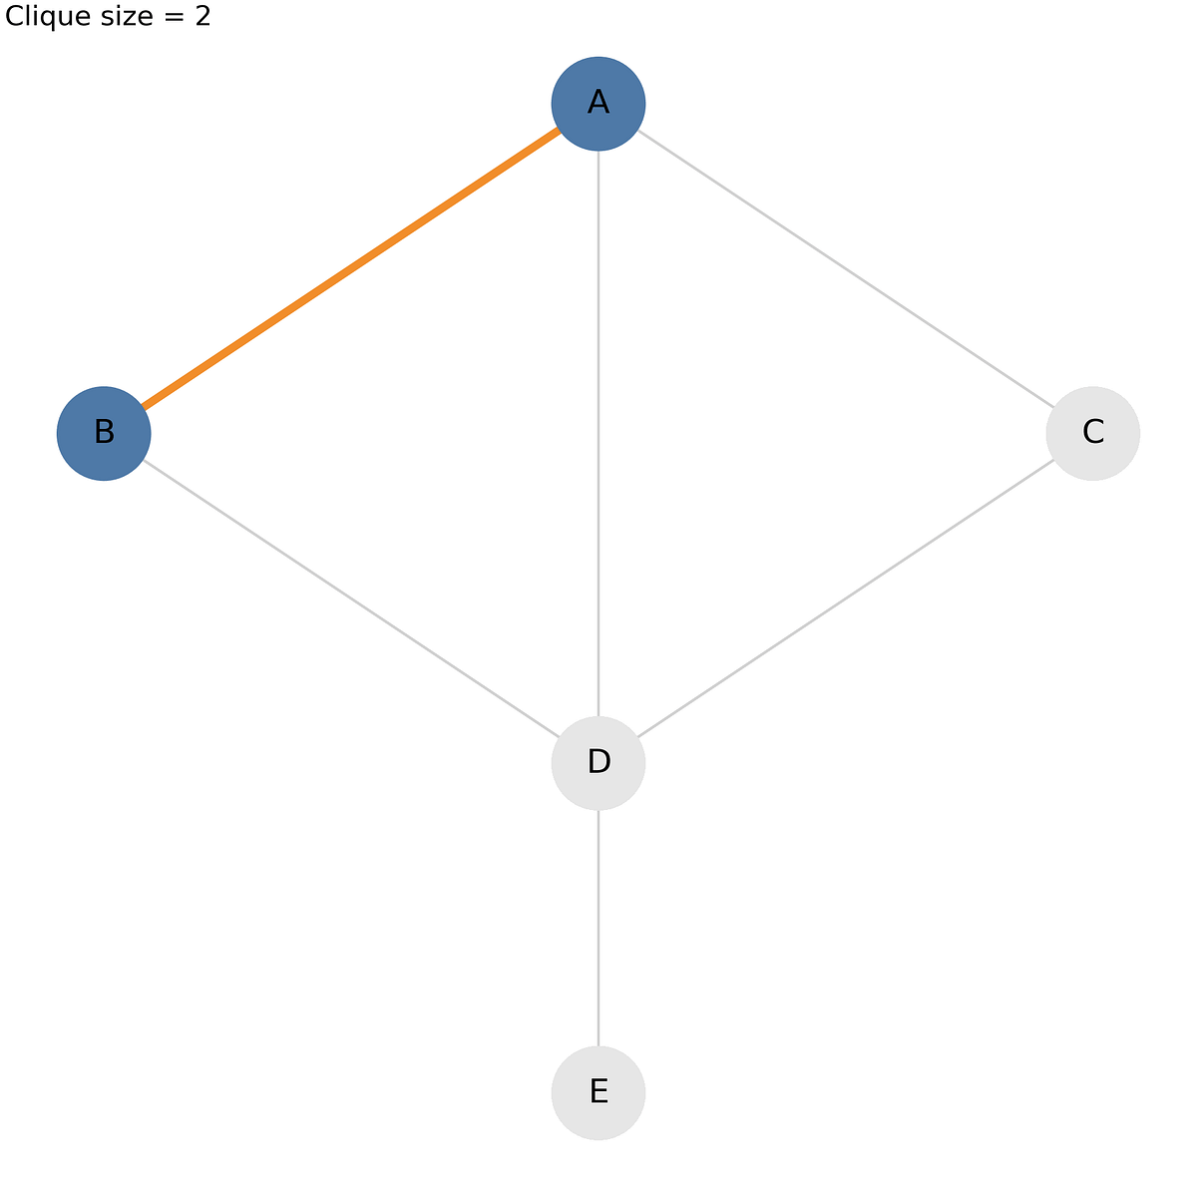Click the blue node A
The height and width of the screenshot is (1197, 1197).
(598, 104)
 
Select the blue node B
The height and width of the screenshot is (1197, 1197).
(104, 434)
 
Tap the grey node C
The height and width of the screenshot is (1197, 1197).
(1092, 434)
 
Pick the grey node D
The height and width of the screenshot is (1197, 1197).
(598, 763)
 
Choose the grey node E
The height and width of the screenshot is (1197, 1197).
(598, 1092)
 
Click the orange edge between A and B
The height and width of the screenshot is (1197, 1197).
(351, 268)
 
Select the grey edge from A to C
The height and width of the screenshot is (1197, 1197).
(846, 268)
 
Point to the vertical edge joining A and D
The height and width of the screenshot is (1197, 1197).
(598, 434)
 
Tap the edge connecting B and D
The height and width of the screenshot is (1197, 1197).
(351, 598)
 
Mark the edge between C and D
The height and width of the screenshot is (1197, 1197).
(846, 598)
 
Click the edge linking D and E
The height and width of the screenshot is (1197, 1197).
(598, 928)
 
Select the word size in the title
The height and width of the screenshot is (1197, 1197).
(127, 17)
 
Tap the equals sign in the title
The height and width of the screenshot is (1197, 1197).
(175, 17)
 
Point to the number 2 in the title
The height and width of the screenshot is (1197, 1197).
(203, 16)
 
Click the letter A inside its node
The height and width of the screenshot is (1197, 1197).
(598, 102)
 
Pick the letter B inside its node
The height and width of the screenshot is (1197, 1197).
(105, 432)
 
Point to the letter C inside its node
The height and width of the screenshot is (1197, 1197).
(1093, 432)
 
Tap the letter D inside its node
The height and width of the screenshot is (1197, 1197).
(598, 761)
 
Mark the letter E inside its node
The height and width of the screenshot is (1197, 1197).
(598, 1091)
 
